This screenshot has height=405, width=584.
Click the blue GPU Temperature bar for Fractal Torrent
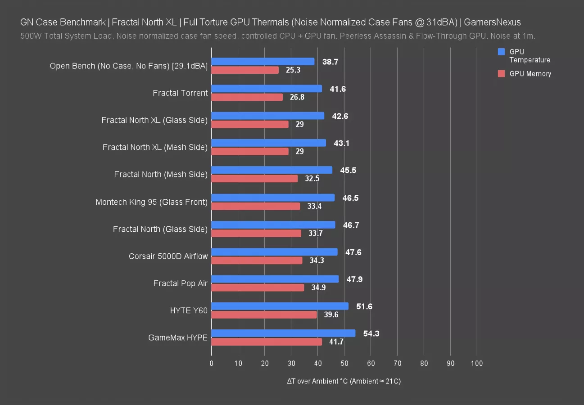(267, 89)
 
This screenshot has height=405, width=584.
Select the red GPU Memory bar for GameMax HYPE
(267, 342)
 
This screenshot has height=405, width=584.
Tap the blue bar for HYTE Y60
(280, 306)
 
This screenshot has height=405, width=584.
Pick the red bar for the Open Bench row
(245, 70)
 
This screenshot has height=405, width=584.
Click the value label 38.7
(330, 62)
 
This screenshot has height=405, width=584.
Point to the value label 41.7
(336, 342)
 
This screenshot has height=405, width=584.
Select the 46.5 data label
(350, 198)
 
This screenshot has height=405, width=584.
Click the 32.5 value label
(312, 179)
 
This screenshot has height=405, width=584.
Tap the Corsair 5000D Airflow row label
(168, 256)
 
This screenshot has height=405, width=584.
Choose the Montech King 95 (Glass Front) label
(152, 202)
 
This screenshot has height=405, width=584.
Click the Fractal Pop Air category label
(181, 283)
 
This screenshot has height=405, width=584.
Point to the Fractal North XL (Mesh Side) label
(155, 147)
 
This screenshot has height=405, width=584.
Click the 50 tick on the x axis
(344, 364)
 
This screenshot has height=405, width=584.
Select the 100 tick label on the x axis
(477, 364)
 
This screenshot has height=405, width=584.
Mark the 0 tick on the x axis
(212, 364)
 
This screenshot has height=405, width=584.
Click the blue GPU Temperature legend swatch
(502, 52)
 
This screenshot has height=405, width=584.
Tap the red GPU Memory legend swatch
(502, 74)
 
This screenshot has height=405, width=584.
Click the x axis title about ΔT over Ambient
(344, 381)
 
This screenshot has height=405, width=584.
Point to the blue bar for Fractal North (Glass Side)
(273, 225)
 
